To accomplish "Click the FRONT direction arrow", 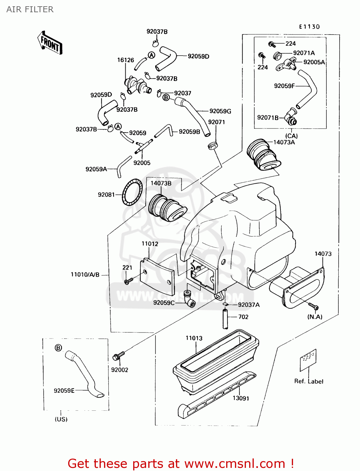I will point(50,43).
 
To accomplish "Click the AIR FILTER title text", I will point(30,9).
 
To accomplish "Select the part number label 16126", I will point(125,60).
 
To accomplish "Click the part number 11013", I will point(194,338).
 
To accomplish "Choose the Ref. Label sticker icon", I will point(308,360).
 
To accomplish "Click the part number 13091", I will point(241,398).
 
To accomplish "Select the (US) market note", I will point(61,419).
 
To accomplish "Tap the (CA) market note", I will point(291,136).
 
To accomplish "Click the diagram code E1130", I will point(309,27).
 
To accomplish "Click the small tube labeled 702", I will point(226,319).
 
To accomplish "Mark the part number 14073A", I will point(284,142).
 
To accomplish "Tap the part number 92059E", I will point(64,391).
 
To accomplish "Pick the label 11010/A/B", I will point(85,274).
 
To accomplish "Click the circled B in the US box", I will point(58,348).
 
